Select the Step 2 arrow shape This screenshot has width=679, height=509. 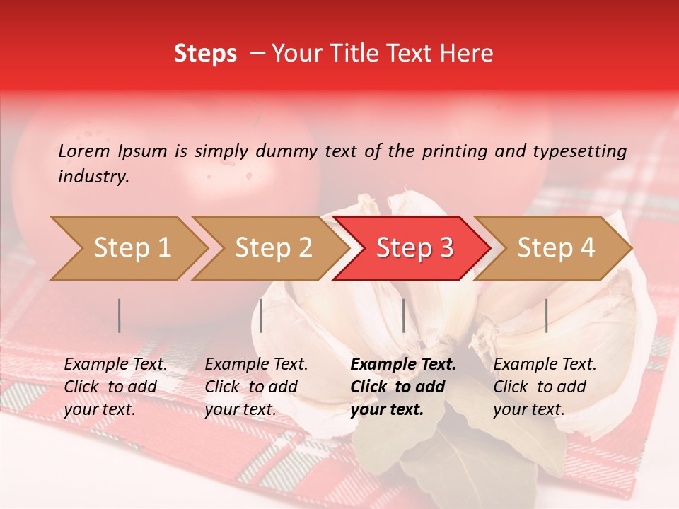273,248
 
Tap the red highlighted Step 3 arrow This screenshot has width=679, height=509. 414,248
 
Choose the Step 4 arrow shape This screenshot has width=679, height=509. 555,248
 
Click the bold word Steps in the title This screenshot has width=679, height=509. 205,53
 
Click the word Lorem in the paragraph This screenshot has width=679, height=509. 84,151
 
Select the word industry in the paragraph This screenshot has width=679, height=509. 93,177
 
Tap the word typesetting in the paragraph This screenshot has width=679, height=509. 579,151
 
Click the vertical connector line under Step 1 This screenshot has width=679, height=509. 120,315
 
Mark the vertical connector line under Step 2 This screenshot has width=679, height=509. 261,315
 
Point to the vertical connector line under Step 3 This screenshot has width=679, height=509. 403,315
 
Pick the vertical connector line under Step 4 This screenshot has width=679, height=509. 546,315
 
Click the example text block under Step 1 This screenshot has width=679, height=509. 115,387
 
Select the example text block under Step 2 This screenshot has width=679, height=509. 256,387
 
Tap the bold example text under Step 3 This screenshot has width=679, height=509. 402,387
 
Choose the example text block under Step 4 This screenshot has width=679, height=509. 545,387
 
